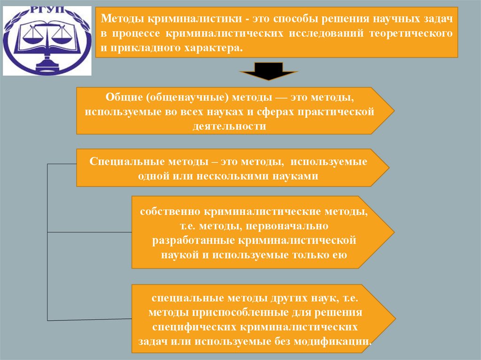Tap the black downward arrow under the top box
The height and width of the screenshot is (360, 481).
click(x=269, y=73)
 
